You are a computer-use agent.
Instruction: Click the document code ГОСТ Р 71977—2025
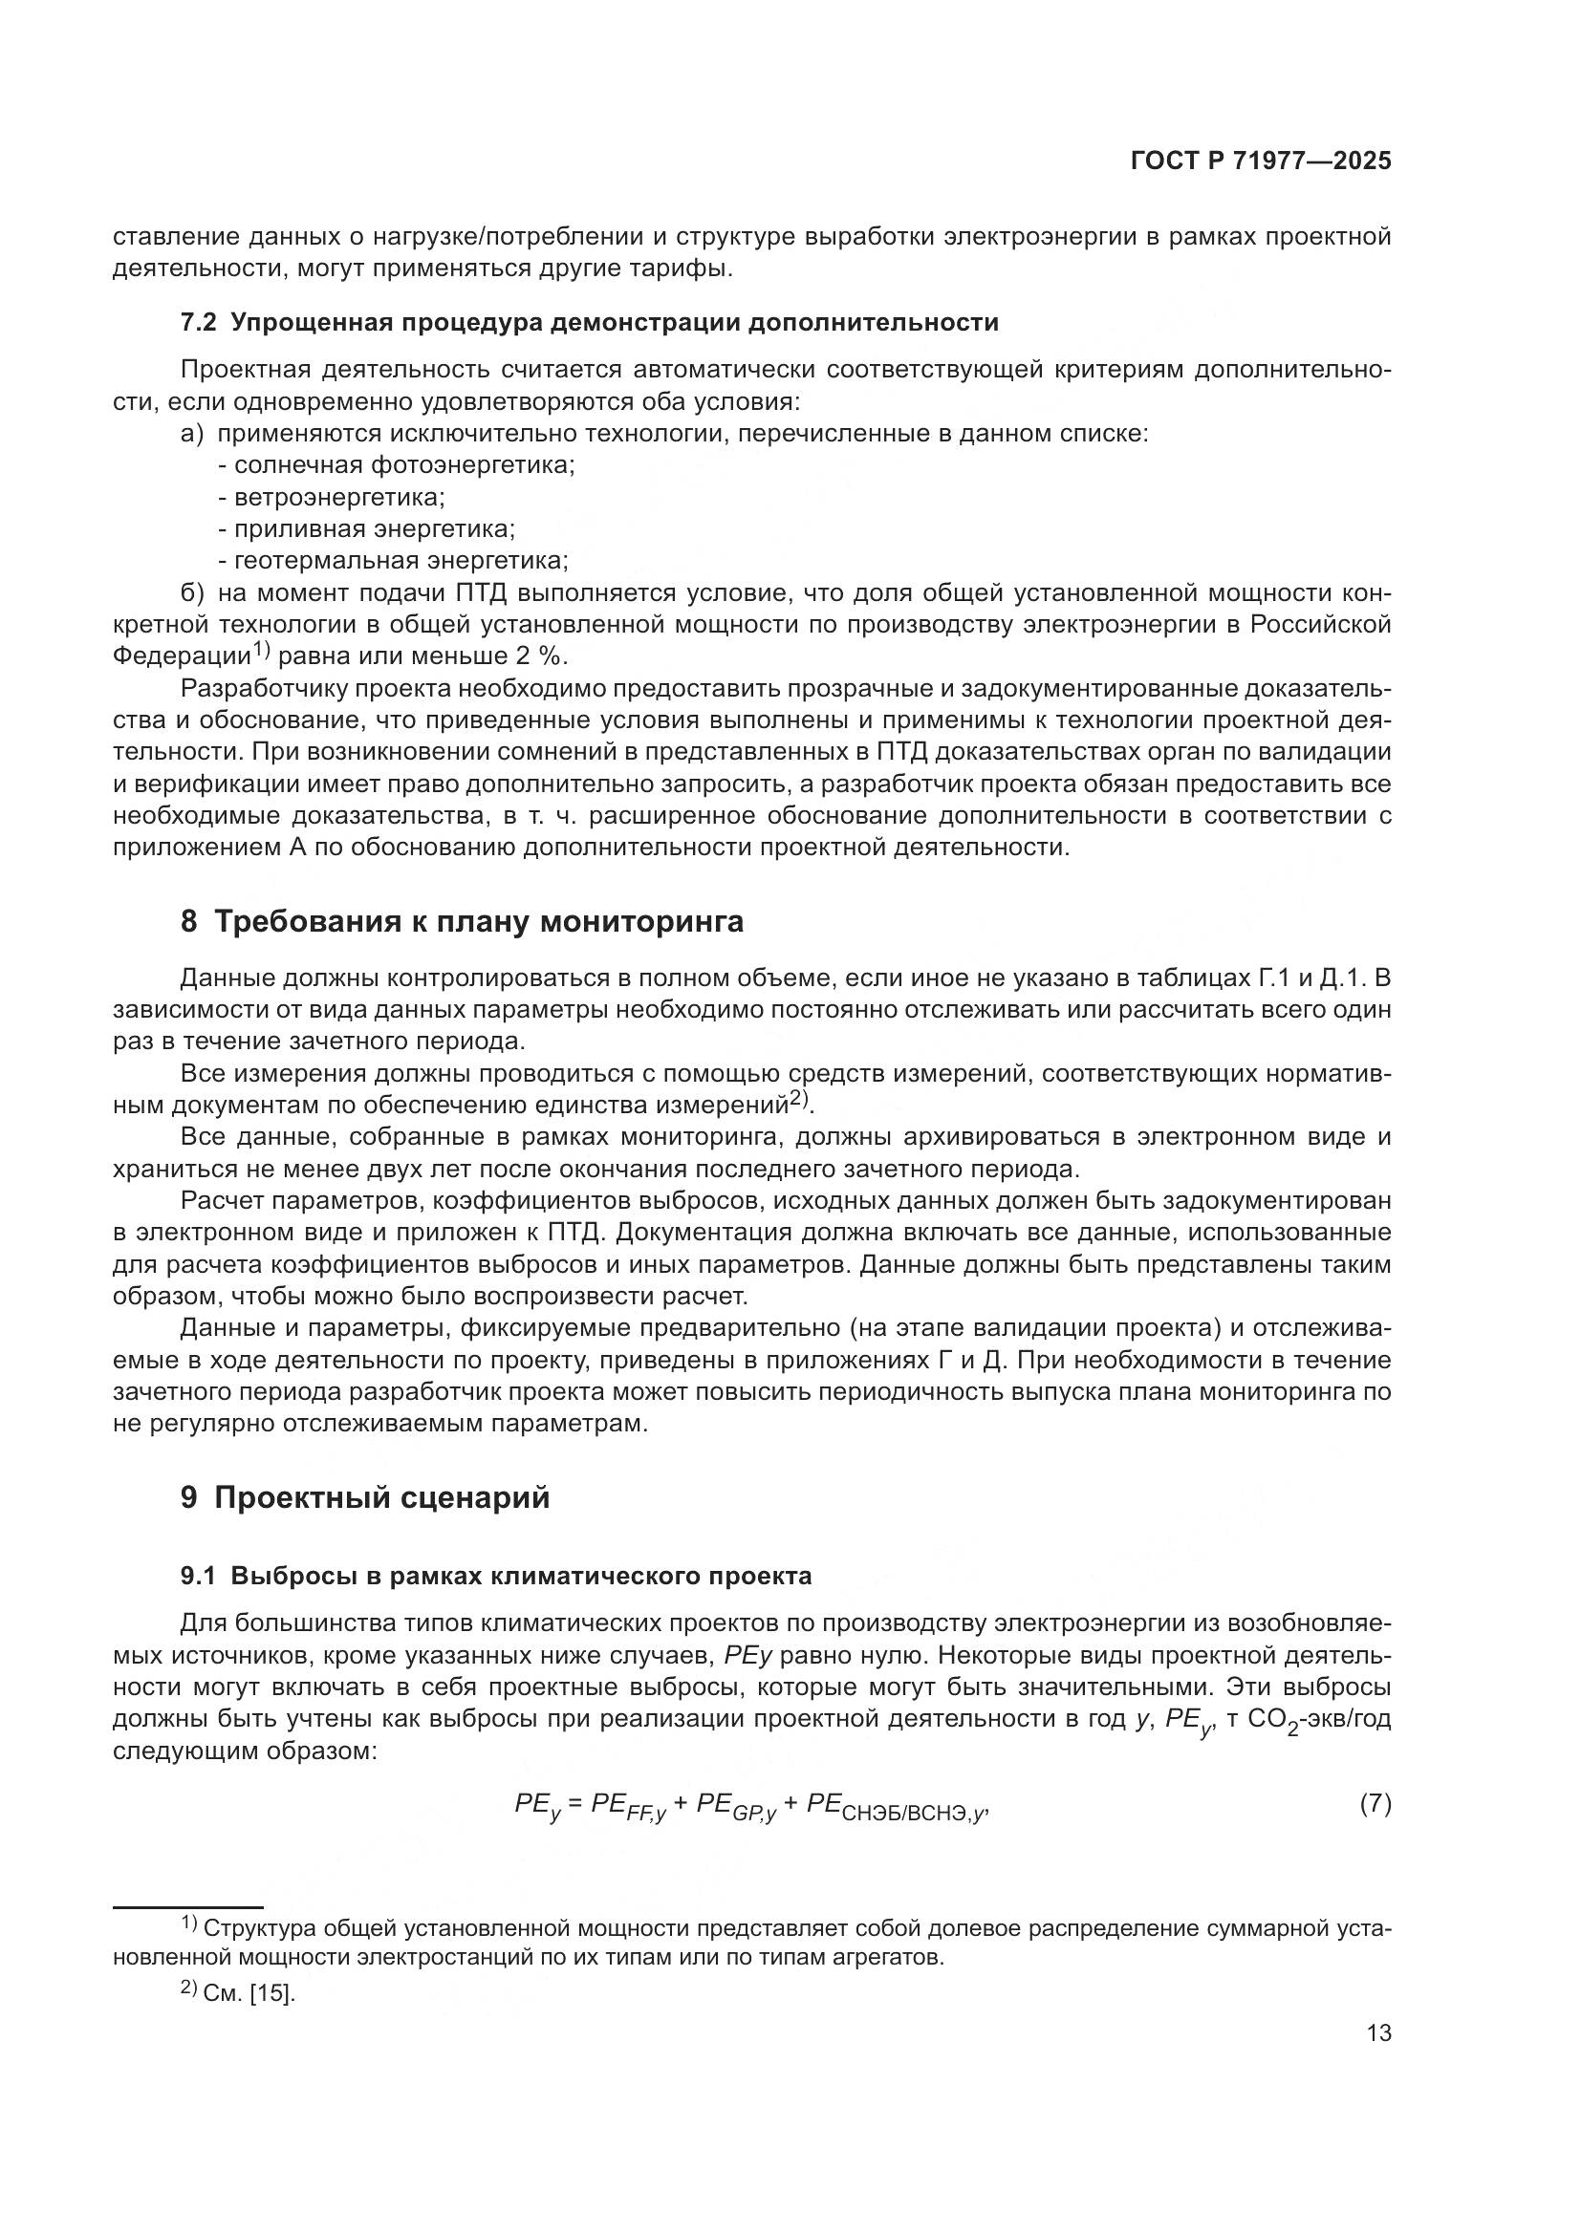(x=1261, y=161)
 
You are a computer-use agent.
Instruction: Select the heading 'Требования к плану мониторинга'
(x=478, y=921)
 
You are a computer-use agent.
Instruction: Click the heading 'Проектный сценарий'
(x=381, y=1497)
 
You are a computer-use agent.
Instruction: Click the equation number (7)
(x=1375, y=1804)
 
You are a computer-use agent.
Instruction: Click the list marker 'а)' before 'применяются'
(x=193, y=434)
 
